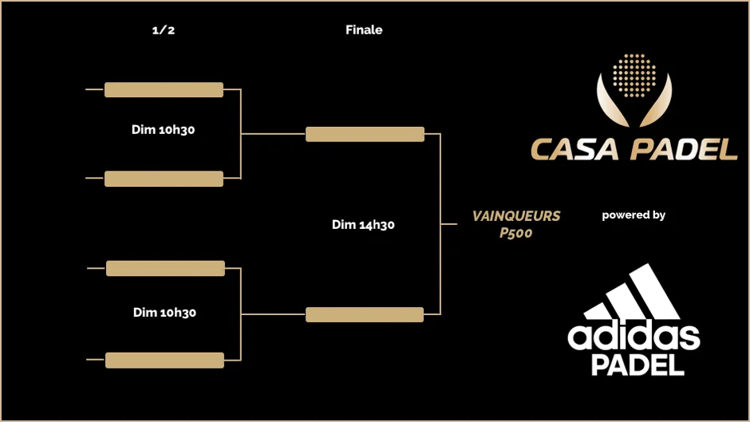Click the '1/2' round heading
(x=163, y=30)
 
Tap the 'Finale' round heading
(x=364, y=30)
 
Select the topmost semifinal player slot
(x=164, y=89)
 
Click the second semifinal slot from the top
(x=164, y=179)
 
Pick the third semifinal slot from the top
(x=165, y=268)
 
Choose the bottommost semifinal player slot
(x=164, y=360)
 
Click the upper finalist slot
(x=365, y=134)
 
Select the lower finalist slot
(x=365, y=314)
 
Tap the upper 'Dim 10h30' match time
(x=164, y=130)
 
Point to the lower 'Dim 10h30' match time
(x=164, y=313)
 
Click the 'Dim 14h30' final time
(x=363, y=225)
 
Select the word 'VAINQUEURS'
(x=516, y=216)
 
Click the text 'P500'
(x=516, y=233)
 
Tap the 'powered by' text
(x=634, y=215)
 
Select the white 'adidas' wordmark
(x=634, y=335)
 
